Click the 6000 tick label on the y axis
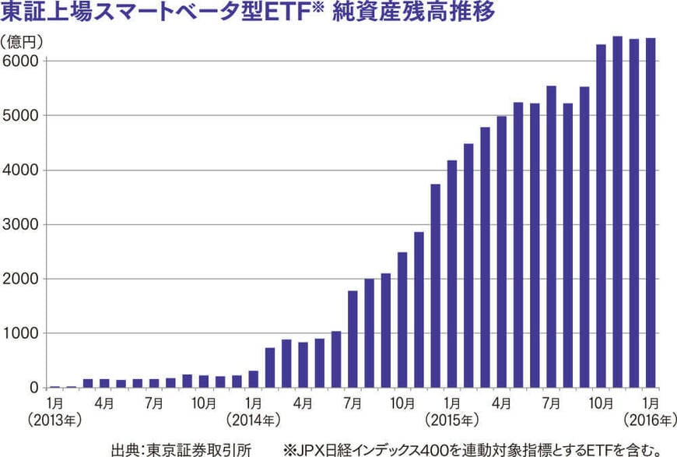tap(22, 61)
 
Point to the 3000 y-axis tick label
tap(22, 224)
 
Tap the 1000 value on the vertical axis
tap(22, 333)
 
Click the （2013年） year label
tap(54, 420)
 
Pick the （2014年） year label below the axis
tap(253, 420)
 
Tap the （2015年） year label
tap(452, 420)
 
